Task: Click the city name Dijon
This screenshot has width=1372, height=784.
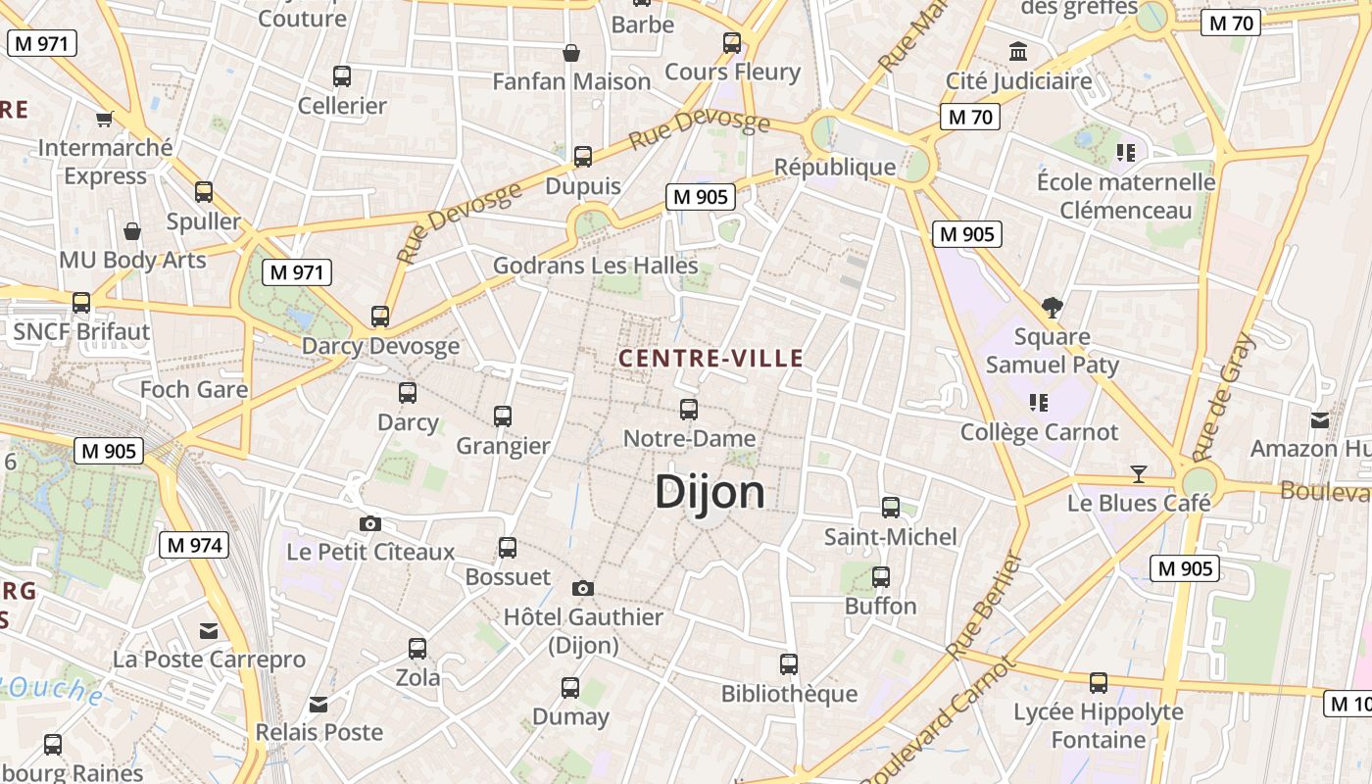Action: tap(710, 492)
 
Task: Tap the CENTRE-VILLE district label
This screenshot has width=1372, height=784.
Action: tap(710, 359)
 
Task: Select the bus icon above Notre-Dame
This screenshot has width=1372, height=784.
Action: tap(689, 410)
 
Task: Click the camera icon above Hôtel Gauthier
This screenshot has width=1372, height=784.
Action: tap(583, 588)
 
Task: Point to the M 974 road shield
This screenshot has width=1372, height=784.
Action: tap(194, 545)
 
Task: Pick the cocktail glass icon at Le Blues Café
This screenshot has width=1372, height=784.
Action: tap(1138, 474)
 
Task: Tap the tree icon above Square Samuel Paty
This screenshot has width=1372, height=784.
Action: tap(1053, 308)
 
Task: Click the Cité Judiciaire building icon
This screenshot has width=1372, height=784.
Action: tap(1018, 51)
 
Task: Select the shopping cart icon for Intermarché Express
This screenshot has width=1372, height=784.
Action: tap(105, 119)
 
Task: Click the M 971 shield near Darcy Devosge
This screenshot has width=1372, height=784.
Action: tap(297, 272)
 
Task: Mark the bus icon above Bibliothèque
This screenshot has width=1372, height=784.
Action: tap(789, 664)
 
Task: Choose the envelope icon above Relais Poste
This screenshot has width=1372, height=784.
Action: tap(318, 704)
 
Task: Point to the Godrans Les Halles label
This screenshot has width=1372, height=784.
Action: tap(595, 266)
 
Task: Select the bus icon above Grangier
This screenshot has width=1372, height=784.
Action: tap(503, 416)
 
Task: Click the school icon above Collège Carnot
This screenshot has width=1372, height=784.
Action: tap(1039, 402)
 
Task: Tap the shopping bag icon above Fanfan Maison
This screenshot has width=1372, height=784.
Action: tap(571, 52)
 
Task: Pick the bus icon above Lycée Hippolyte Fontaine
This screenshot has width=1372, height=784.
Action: tap(1099, 682)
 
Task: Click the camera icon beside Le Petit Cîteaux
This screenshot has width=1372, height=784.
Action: tap(369, 523)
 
